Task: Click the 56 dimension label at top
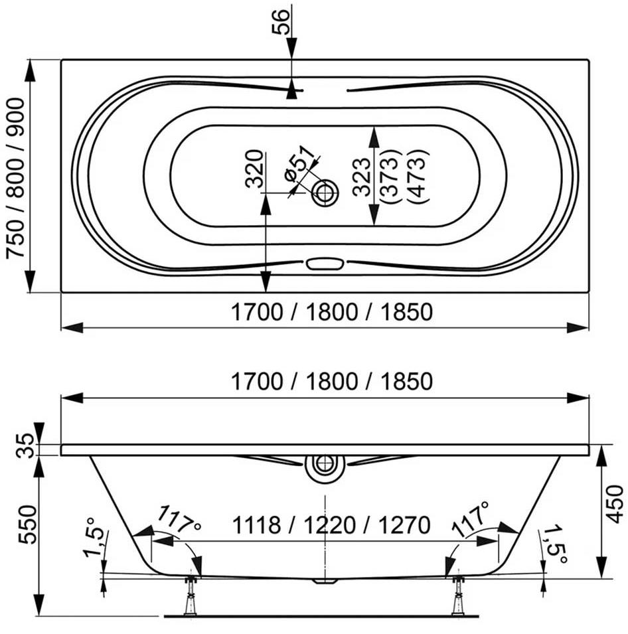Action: tap(281, 21)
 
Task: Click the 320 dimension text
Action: tap(255, 169)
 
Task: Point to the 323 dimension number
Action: tap(362, 177)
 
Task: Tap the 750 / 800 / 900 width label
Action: tap(16, 178)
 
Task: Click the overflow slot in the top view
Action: tap(325, 264)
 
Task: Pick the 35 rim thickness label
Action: tap(25, 445)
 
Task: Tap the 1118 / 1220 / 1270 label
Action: tap(331, 525)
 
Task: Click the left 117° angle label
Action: tap(179, 520)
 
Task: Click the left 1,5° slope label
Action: tap(96, 538)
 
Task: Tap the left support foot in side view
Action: tap(190, 595)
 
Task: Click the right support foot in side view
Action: tap(458, 595)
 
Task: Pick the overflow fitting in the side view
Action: tap(325, 468)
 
